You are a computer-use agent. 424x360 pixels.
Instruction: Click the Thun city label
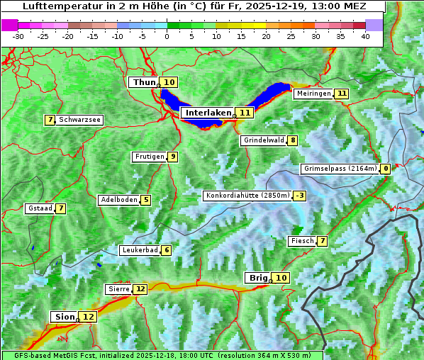click(x=143, y=83)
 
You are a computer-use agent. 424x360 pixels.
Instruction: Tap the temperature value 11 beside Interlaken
click(x=245, y=113)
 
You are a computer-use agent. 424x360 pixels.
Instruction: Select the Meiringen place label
click(x=313, y=94)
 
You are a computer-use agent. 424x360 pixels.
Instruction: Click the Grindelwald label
click(x=263, y=140)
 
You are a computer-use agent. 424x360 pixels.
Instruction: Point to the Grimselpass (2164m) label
click(x=339, y=169)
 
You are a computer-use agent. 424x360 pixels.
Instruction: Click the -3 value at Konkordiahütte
click(x=301, y=196)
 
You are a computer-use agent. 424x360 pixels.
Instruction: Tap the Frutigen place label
click(x=148, y=157)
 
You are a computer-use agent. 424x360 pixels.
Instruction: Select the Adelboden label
click(x=118, y=200)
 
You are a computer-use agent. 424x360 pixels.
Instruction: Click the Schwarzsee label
click(x=79, y=120)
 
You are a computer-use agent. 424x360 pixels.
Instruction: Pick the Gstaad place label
click(x=40, y=208)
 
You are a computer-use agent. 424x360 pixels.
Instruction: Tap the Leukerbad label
click(x=139, y=250)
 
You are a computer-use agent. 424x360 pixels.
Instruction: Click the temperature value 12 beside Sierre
click(x=140, y=289)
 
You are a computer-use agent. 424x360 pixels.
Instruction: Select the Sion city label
click(x=62, y=317)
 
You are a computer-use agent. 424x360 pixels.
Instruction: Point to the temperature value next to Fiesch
click(x=323, y=241)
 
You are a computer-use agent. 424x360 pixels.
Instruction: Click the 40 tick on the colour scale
click(x=365, y=36)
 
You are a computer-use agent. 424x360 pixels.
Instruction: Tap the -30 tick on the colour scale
click(x=18, y=36)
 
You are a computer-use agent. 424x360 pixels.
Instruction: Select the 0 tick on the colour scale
click(x=167, y=36)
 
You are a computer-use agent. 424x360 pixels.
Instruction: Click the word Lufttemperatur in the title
click(x=56, y=6)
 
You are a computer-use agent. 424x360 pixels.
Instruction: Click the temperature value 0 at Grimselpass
click(x=386, y=169)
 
